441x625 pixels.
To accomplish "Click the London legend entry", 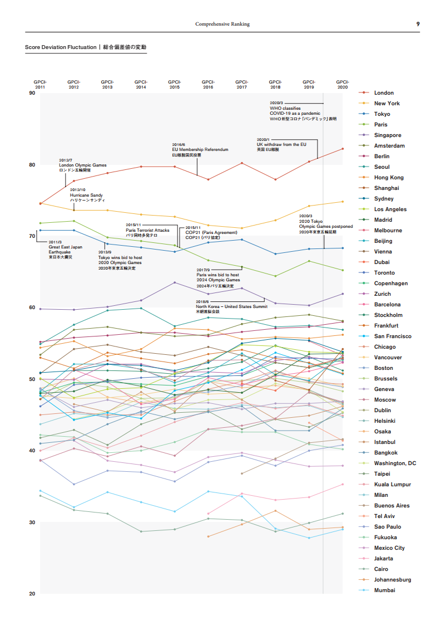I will pos(384,93).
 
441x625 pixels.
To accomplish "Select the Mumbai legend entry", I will pos(384,590).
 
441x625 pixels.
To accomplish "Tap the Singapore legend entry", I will pos(387,135).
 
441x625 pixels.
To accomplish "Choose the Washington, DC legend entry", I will pos(395,463).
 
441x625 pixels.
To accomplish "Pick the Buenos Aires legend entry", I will pos(392,506).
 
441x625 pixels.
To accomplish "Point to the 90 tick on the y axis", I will pos(32,93).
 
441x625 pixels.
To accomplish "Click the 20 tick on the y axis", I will pos(32,593).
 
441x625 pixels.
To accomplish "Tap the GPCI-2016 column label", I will pos(208,85).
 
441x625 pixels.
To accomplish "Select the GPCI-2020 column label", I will pos(343,85).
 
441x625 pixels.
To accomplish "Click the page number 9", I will pos(418,24).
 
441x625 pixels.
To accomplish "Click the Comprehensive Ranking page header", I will pos(222,24).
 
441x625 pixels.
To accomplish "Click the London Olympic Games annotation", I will pos(82,165).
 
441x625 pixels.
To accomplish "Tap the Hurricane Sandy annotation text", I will pos(86,196).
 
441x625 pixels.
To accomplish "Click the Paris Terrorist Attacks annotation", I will pos(147,230).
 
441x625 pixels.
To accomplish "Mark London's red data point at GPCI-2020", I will pos(343,149).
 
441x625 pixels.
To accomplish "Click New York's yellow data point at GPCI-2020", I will pos(343,202).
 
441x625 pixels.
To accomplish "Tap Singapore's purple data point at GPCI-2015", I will pos(175,282).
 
